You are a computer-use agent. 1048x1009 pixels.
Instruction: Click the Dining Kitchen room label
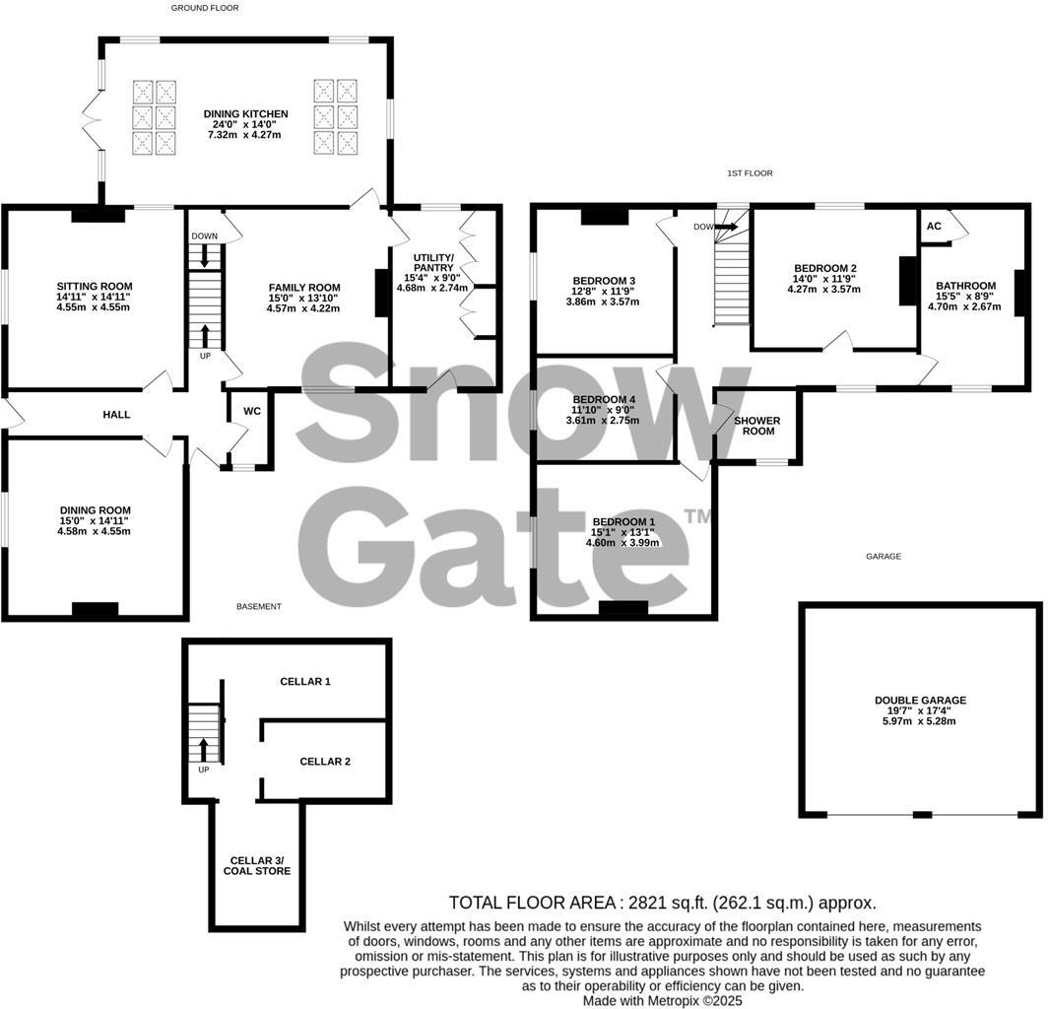click(245, 114)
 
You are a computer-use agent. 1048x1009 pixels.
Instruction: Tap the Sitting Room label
click(94, 287)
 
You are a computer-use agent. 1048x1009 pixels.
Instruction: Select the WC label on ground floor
click(252, 411)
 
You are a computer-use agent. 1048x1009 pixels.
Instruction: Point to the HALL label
click(116, 415)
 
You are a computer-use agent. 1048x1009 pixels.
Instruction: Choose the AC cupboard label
click(935, 226)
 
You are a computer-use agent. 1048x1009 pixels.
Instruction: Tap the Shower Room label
click(756, 426)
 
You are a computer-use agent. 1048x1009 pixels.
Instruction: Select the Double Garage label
click(920, 701)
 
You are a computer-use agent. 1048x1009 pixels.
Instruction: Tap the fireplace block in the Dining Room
click(96, 610)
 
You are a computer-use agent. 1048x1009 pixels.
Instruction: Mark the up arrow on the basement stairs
click(205, 746)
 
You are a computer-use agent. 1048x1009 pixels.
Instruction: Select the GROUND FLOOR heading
click(205, 8)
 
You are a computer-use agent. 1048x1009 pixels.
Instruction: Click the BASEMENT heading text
click(259, 607)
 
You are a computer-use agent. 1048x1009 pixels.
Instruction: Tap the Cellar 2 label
click(325, 761)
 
